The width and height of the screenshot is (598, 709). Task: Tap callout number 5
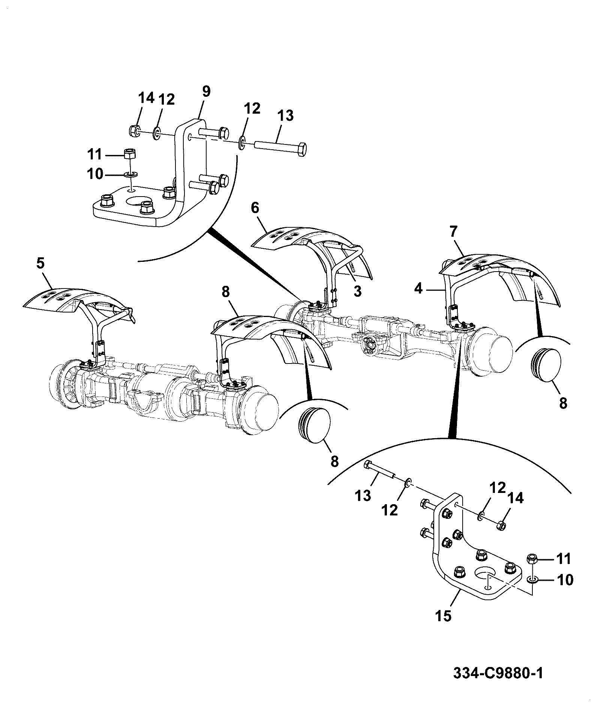40,263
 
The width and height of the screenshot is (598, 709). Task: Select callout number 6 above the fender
255,208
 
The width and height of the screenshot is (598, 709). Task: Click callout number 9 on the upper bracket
206,92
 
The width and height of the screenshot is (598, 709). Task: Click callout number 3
357,291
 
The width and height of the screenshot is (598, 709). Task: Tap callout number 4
419,288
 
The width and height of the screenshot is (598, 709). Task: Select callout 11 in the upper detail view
94,155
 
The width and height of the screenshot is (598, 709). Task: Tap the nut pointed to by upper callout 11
129,153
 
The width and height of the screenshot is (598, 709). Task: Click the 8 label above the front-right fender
225,292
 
